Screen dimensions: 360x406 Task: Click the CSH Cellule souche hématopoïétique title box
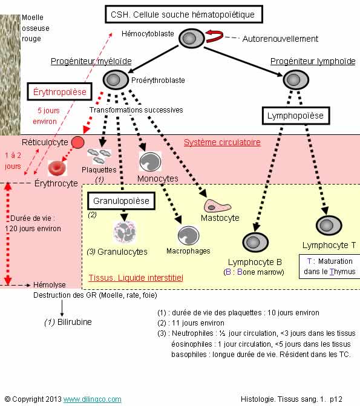(x=184, y=15)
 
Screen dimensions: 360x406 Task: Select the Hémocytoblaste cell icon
(x=192, y=38)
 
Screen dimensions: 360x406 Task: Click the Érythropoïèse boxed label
(x=59, y=91)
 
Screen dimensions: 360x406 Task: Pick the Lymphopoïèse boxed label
(x=296, y=116)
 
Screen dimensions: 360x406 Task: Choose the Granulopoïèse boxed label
(x=121, y=201)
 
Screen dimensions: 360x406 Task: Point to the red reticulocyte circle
(x=77, y=142)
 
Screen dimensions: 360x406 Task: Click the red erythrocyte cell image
(x=57, y=168)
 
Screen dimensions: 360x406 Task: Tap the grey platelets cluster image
(x=99, y=156)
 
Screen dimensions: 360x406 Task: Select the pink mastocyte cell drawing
(x=217, y=206)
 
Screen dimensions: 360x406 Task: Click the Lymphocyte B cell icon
(x=255, y=243)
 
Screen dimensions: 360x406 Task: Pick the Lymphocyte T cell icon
(x=329, y=225)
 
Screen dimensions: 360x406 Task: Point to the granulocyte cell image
(x=125, y=232)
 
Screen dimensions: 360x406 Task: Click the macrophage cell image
(x=189, y=235)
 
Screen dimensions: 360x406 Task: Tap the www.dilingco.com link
(x=92, y=399)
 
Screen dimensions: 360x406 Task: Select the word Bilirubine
(x=74, y=322)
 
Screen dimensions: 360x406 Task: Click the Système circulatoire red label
(x=222, y=142)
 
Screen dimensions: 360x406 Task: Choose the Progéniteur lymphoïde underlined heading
(x=313, y=61)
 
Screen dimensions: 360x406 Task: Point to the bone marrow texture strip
(x=10, y=74)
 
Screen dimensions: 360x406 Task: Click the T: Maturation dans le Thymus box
(x=329, y=266)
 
